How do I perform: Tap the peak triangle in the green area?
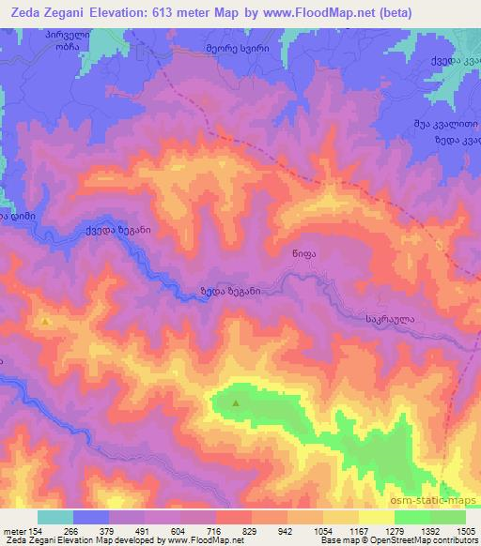tap(235, 404)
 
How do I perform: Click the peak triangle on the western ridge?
tap(45, 322)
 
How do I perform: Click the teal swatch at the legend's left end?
tap(55, 517)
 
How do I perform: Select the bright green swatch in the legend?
tap(412, 517)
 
